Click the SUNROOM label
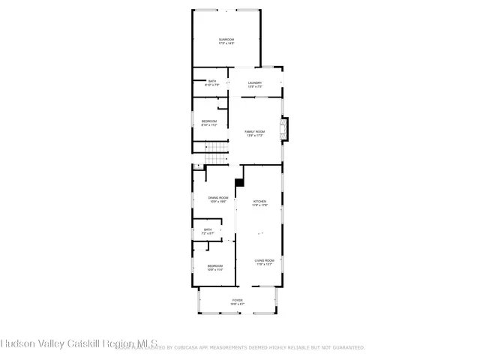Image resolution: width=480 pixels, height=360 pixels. coord(226,39)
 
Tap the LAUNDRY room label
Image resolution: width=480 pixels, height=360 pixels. coord(255,82)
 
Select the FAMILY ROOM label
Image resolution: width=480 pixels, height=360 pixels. coord(255,131)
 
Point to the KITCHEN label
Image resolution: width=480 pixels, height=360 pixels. coord(259,201)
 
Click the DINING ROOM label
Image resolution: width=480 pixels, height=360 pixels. coord(218,197)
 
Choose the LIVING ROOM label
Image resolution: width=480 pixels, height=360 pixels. coord(264,260)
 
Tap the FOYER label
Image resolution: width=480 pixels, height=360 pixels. coord(237,300)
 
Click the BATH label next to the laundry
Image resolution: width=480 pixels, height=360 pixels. coord(212,81)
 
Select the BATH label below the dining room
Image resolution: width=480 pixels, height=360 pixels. coord(208,229)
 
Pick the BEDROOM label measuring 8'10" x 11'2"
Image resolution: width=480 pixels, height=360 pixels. coord(208,121)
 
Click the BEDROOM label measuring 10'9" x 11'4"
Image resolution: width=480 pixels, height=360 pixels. coord(215,265)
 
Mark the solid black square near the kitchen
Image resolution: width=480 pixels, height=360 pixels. coord(239,181)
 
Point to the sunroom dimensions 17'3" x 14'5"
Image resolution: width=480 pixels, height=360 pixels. coord(226,43)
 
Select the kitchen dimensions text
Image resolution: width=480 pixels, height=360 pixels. coord(259,205)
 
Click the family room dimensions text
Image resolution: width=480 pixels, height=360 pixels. coord(255,136)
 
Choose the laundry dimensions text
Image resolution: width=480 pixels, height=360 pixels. coord(255,87)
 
